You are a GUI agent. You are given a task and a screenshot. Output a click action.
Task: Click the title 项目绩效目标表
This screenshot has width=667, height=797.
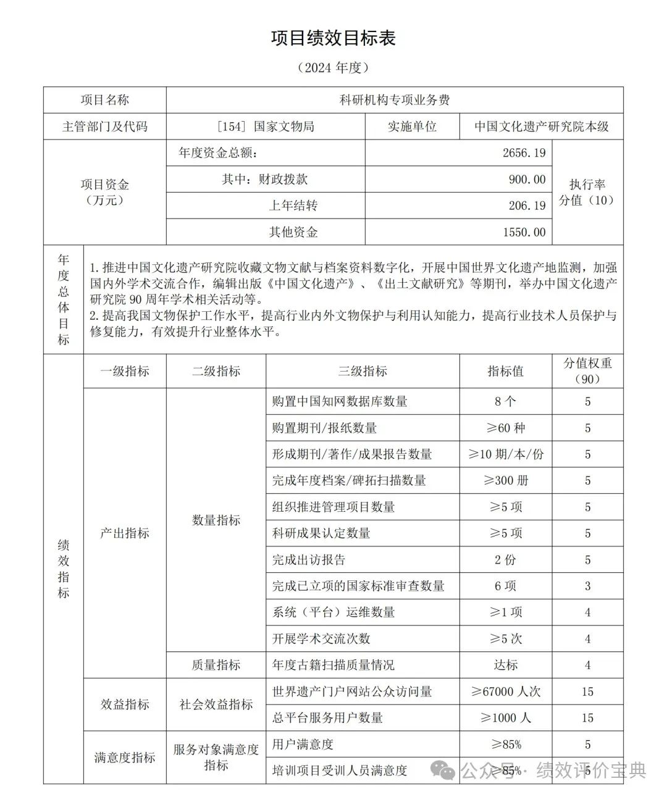click(333, 38)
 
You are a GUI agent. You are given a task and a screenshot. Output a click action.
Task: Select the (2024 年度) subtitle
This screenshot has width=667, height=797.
click(333, 68)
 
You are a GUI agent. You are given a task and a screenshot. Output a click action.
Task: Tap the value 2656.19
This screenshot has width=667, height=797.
click(524, 152)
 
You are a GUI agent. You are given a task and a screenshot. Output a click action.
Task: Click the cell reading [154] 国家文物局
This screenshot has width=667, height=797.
click(266, 127)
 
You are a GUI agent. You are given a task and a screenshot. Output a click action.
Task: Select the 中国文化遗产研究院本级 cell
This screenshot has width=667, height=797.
click(541, 127)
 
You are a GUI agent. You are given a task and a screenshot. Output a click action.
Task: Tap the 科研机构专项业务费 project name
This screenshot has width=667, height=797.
click(395, 100)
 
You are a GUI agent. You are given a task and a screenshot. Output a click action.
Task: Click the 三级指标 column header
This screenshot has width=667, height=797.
click(363, 371)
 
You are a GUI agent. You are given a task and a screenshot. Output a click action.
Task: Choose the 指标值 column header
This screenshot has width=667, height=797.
click(505, 371)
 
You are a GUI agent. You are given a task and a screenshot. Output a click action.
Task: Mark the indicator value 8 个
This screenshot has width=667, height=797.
click(505, 401)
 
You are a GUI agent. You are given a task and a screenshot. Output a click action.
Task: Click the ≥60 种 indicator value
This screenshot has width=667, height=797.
click(505, 428)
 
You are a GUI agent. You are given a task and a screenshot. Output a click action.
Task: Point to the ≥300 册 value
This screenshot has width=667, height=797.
click(505, 480)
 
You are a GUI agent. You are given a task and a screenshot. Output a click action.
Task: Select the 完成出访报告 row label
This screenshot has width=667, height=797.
click(309, 560)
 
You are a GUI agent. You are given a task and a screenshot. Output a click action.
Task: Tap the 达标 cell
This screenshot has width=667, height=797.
click(505, 665)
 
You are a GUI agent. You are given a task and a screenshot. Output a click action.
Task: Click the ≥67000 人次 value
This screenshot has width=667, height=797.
click(505, 691)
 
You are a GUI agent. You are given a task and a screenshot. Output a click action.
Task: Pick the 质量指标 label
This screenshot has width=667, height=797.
click(216, 665)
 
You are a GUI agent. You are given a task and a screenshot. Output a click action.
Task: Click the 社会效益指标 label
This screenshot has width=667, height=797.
click(216, 704)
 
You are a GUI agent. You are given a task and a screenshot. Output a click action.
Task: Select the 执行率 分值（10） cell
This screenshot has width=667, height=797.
click(587, 192)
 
